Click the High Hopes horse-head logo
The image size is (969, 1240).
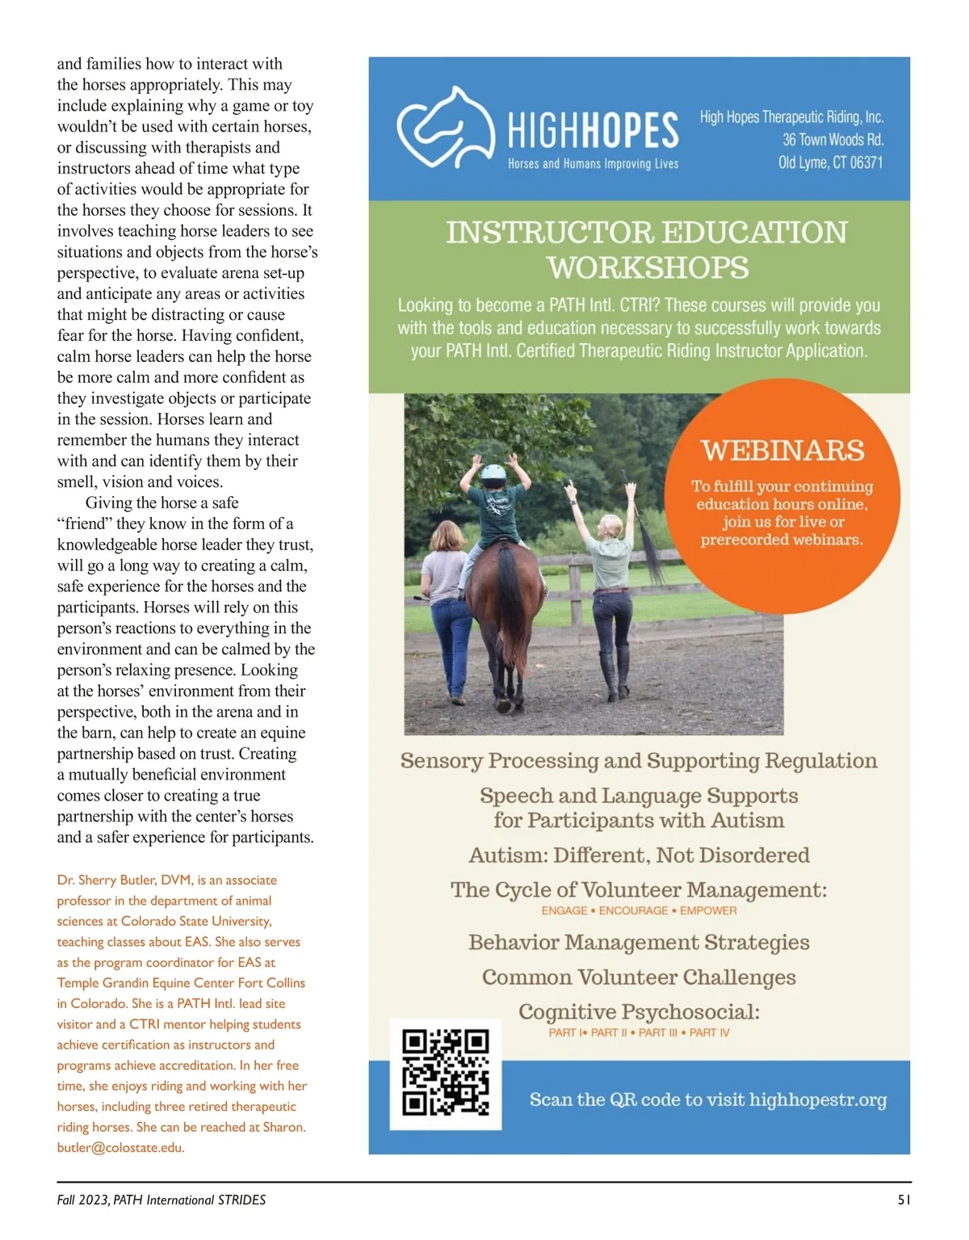point(446,127)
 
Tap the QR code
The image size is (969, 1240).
point(446,1073)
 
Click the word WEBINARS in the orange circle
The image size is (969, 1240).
point(782,451)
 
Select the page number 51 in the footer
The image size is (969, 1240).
point(904,1200)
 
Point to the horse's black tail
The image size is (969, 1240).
point(509,598)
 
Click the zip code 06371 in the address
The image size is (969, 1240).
point(866,162)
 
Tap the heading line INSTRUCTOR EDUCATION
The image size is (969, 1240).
point(647,233)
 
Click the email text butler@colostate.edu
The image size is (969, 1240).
point(120,1147)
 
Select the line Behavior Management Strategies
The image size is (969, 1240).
point(639,943)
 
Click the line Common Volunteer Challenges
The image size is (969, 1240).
point(639,977)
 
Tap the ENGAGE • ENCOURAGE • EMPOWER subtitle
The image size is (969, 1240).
point(639,910)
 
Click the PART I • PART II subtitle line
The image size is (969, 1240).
point(639,1032)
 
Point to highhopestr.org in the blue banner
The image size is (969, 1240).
point(817,1100)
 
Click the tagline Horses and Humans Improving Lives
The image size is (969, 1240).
point(593,164)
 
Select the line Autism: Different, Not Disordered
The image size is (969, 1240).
point(639,855)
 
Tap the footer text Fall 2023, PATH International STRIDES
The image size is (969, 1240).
point(161,1200)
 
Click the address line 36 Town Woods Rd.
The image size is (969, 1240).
point(833,140)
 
